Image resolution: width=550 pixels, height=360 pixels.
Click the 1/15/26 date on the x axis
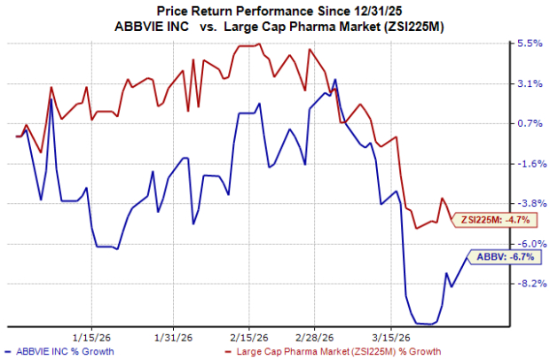click(91, 337)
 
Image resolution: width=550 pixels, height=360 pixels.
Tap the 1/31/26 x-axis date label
click(171, 337)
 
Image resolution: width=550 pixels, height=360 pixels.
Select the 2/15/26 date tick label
click(248, 337)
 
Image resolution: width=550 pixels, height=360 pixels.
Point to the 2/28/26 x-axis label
click(315, 337)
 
